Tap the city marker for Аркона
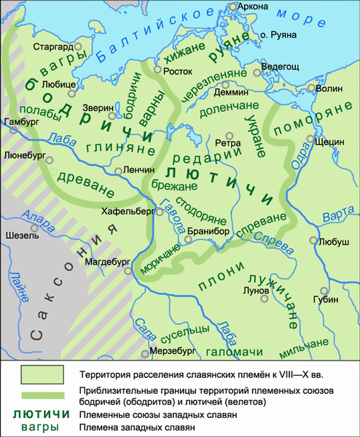click(x=232, y=7)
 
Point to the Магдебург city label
click(x=106, y=260)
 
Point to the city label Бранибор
click(x=208, y=231)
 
